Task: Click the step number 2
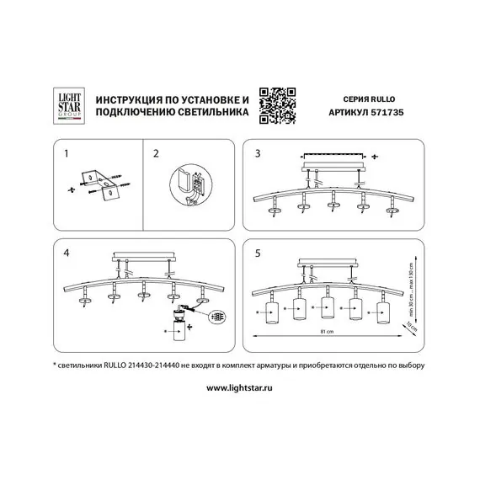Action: (x=156, y=155)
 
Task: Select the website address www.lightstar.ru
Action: (x=240, y=388)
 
